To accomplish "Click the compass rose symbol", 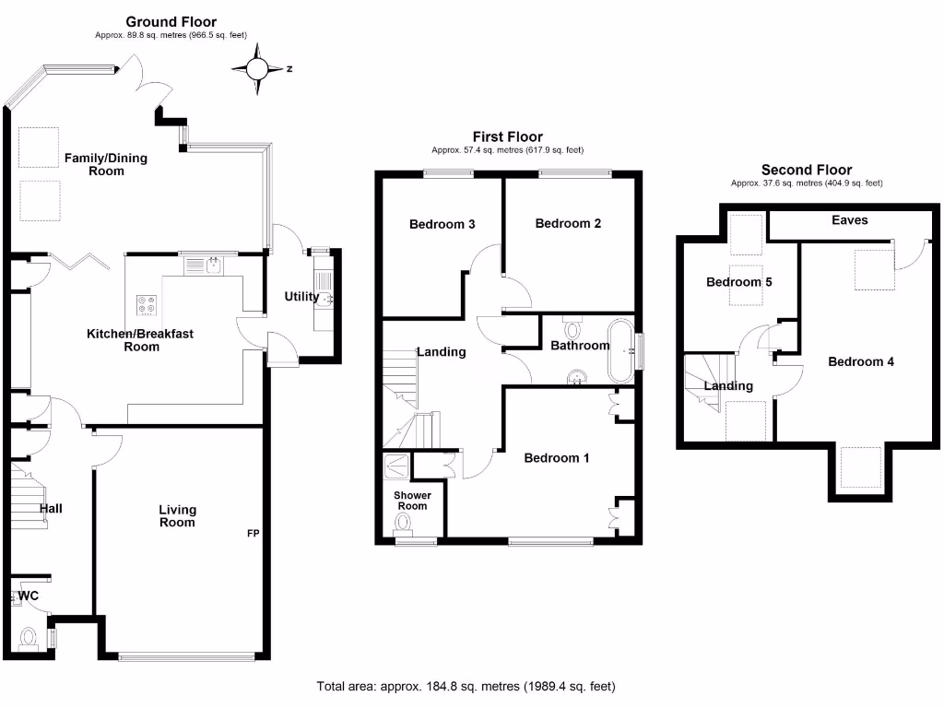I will click(x=258, y=68).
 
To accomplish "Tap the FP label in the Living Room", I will click(x=253, y=534).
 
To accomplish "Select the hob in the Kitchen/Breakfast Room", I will click(x=147, y=304).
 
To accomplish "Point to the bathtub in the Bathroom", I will click(x=619, y=350).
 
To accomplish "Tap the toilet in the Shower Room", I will click(x=403, y=524).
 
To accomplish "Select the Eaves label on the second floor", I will click(x=849, y=220).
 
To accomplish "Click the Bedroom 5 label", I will click(x=738, y=282).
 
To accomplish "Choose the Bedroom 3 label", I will click(x=442, y=224).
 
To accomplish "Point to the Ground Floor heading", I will click(x=171, y=22).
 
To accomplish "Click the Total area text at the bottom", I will click(x=466, y=687).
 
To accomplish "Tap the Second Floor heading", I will click(x=806, y=170).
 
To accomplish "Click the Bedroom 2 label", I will click(x=568, y=223).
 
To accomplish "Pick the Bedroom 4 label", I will click(x=860, y=361).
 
